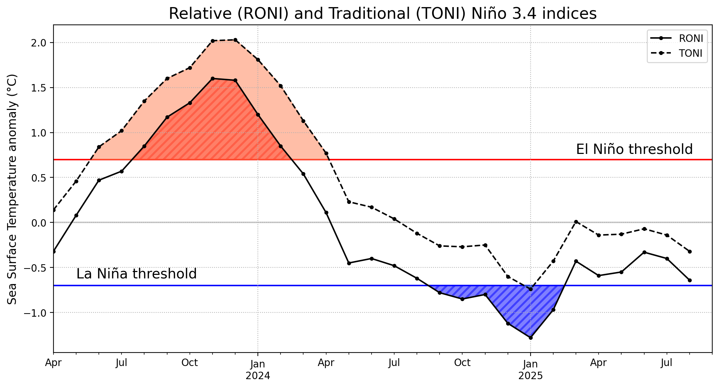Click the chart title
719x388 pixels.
[x=383, y=14]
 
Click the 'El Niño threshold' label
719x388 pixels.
[x=634, y=149]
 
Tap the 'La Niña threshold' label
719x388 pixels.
[x=136, y=274]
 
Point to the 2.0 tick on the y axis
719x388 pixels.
[x=39, y=43]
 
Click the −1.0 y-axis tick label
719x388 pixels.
[x=35, y=313]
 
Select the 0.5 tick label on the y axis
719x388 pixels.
[x=39, y=178]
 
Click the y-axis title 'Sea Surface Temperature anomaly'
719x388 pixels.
[x=12, y=189]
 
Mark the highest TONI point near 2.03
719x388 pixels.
[x=235, y=40]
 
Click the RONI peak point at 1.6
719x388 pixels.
[x=213, y=78]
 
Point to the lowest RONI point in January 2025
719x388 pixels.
[x=531, y=338]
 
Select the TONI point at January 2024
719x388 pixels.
[x=258, y=60]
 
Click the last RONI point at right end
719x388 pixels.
[x=690, y=280]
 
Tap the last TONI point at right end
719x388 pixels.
[x=690, y=251]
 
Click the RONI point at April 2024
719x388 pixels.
[x=326, y=212]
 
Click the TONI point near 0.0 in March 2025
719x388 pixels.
[x=576, y=222]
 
